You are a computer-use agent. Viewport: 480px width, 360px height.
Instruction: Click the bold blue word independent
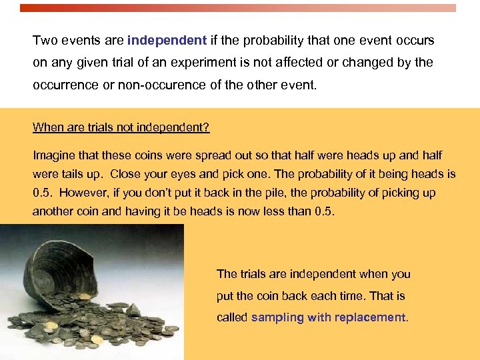[x=167, y=41]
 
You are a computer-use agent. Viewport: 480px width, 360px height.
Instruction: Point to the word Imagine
[x=54, y=155]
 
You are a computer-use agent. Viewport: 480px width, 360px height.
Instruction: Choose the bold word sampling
[x=277, y=318]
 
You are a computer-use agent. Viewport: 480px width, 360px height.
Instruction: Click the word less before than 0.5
[x=274, y=212]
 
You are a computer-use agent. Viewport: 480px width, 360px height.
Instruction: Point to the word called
[x=231, y=318]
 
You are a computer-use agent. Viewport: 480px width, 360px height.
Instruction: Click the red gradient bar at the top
[x=238, y=9]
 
